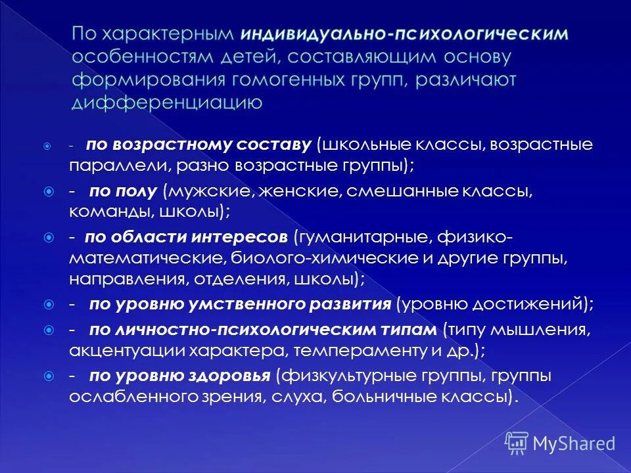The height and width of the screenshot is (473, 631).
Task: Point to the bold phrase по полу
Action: click(123, 191)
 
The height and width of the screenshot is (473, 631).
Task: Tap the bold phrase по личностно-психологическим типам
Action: click(262, 328)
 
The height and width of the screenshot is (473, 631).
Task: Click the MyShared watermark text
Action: click(574, 443)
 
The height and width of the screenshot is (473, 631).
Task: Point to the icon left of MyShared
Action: click(517, 443)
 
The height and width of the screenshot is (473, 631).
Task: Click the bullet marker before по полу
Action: click(49, 191)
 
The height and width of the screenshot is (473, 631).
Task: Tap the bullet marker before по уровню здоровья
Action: click(49, 376)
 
